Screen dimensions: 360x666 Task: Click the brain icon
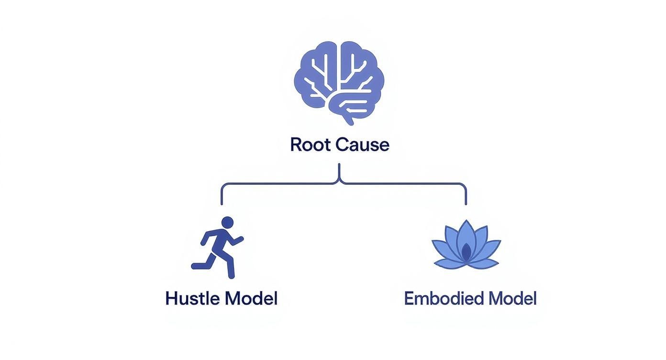point(339,81)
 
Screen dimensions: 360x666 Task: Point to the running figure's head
point(228,222)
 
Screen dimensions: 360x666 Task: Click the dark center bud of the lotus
point(466,252)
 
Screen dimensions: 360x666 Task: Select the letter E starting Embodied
point(409,298)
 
